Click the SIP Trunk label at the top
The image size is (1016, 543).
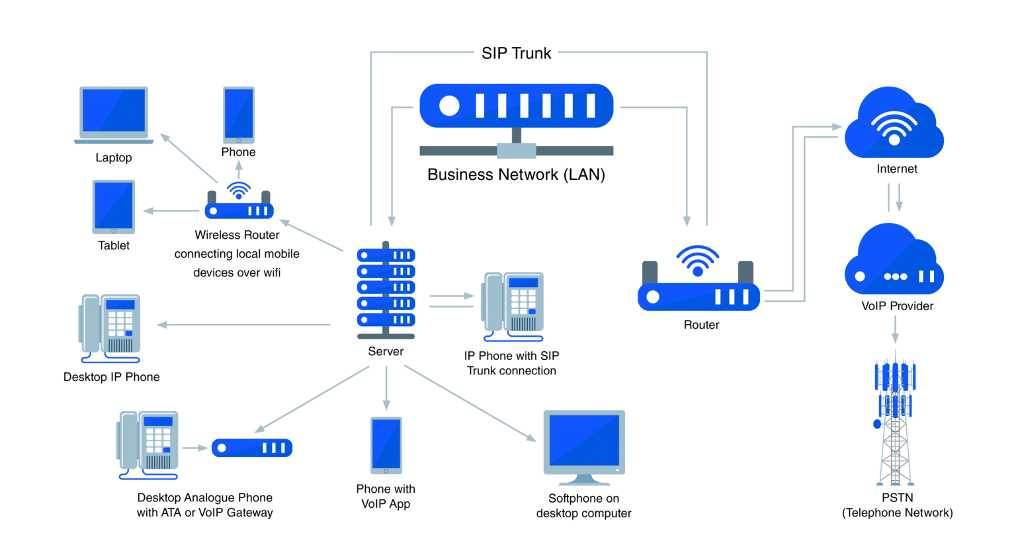[516, 54]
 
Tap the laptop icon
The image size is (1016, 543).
[113, 114]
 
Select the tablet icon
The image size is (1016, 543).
[114, 206]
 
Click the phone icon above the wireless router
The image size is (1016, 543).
[238, 114]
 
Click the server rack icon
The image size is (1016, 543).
[386, 288]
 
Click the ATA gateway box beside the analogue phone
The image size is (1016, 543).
[252, 448]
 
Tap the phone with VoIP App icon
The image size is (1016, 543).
[386, 444]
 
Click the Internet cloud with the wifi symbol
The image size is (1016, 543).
[894, 126]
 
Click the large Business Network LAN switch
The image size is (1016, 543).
[516, 106]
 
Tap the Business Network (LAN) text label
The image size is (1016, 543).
[516, 175]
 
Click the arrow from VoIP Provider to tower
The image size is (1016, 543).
[896, 328]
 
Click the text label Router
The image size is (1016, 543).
[701, 325]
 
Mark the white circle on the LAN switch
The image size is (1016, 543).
[449, 106]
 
